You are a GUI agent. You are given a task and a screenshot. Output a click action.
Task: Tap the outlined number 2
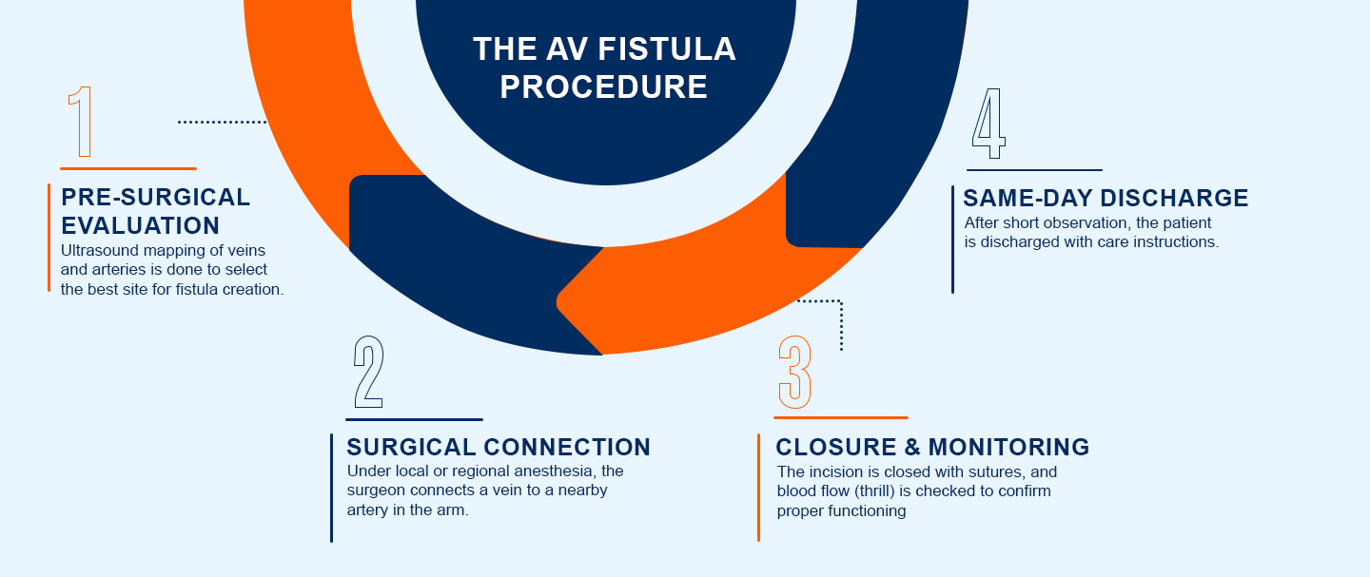coord(368,372)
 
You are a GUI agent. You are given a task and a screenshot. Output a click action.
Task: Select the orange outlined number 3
coord(794,372)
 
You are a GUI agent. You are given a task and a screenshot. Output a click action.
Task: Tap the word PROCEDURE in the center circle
coord(604,87)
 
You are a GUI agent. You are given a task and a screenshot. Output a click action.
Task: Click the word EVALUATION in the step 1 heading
coord(141,226)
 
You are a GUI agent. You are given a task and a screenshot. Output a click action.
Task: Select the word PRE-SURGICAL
coord(156,198)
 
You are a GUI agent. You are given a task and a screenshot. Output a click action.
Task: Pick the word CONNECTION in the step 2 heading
coord(567,447)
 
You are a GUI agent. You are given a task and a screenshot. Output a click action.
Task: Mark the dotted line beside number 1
coord(223,122)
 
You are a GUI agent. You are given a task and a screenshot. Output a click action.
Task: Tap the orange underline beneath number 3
coord(841,417)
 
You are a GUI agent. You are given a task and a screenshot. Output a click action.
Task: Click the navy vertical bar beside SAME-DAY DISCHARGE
coord(952,240)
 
